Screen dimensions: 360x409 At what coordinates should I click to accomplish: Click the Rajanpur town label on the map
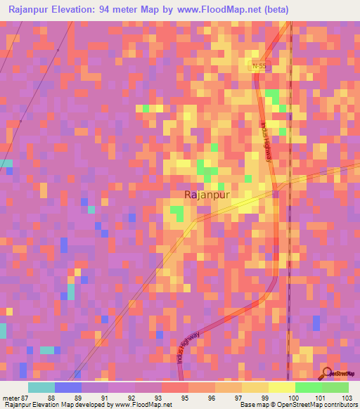(x=208, y=196)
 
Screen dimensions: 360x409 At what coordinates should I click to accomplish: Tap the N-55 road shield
(x=259, y=66)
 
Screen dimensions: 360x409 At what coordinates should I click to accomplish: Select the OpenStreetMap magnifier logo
(x=328, y=373)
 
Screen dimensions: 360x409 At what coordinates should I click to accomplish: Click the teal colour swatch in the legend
(x=41, y=387)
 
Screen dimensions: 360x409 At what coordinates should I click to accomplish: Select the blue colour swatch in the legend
(x=68, y=387)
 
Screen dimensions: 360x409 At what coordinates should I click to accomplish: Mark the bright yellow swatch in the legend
(x=281, y=387)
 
